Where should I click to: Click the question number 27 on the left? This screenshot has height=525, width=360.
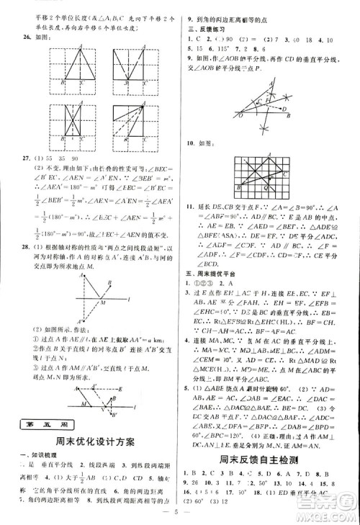point(22,177)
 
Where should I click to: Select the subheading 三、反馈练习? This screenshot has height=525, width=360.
point(203,29)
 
